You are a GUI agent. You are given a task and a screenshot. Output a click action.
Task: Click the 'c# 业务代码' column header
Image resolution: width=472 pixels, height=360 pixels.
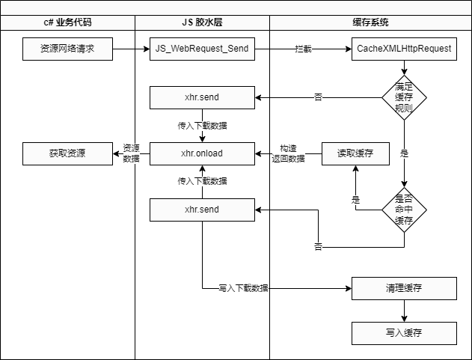67,23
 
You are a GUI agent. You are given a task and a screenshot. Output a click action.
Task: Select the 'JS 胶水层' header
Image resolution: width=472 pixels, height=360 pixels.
202,23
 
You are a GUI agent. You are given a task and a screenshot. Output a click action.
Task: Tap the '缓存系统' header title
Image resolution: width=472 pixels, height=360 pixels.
370,23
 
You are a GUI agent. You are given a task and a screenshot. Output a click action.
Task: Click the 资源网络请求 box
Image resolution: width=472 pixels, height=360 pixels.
67,49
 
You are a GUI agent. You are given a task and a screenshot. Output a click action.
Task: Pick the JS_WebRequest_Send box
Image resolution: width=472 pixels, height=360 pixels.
202,49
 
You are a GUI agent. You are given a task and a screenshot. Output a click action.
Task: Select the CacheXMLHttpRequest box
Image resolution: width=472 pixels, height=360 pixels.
404,49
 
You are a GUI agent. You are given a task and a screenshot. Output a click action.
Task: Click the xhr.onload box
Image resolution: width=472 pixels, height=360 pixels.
202,153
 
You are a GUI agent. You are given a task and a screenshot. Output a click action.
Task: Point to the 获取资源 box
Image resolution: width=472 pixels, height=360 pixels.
67,153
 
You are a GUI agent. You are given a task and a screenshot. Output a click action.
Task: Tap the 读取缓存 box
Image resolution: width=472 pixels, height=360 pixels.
355,153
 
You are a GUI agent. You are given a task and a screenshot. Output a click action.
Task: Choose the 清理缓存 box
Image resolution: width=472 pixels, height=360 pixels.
404,288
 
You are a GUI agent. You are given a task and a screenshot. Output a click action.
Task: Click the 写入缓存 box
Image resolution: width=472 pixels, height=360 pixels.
404,333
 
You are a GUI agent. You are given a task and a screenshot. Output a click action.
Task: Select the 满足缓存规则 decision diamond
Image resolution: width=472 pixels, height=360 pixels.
404,97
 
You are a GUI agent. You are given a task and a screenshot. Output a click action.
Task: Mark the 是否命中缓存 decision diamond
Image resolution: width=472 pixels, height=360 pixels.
404,210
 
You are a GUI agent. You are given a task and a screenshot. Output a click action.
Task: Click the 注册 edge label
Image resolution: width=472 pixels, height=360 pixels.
304,49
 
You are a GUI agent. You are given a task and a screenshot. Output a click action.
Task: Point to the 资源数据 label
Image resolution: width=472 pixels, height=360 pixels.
131,153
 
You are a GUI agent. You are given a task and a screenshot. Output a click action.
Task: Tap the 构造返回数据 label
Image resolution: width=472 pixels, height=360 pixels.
288,153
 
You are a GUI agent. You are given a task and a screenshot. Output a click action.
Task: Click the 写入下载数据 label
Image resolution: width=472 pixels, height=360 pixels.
244,288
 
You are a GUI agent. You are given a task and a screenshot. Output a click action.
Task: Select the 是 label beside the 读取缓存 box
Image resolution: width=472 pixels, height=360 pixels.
404,154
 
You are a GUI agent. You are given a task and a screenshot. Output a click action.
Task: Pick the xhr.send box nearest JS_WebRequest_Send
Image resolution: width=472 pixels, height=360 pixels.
202,97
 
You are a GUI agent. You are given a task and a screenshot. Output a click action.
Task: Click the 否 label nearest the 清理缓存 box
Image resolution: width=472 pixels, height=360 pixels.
318,247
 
